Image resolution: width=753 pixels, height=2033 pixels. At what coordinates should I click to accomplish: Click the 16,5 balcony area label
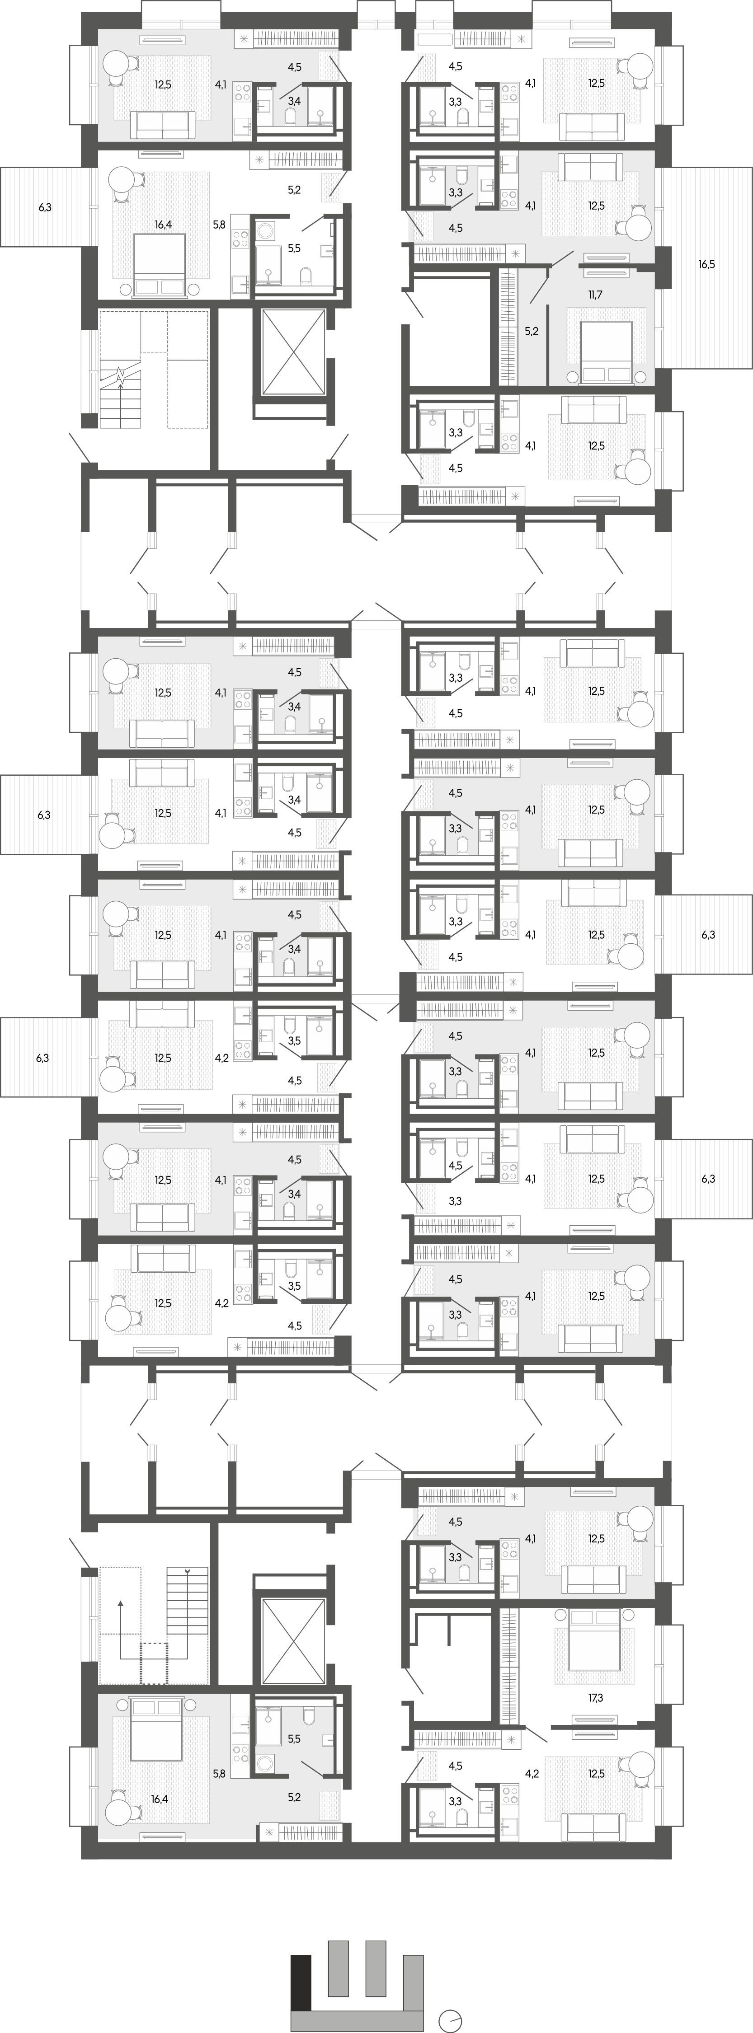[x=706, y=264]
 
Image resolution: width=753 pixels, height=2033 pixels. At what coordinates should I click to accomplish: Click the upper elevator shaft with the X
[x=293, y=352]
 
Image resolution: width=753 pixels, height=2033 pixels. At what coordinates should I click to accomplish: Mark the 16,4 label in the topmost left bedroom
[x=163, y=224]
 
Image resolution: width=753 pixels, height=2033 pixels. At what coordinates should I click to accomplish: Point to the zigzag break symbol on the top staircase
[x=120, y=376]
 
